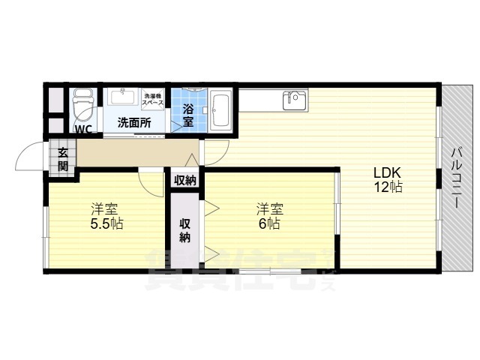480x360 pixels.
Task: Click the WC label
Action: point(84,128)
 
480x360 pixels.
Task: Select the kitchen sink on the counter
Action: point(293,98)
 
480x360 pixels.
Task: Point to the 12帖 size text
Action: point(388,187)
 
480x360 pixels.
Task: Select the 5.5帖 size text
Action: point(107,223)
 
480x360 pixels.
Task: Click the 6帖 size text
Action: point(270,223)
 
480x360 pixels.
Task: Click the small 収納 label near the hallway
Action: point(184,179)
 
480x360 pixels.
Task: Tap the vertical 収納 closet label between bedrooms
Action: point(184,229)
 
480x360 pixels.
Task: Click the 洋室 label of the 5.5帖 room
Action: point(105,208)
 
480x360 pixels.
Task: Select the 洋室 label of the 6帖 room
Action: point(269,208)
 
